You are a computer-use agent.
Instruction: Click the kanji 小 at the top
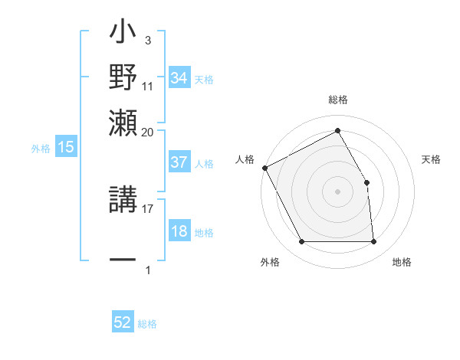[123, 34]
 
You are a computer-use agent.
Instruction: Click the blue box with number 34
[179, 78]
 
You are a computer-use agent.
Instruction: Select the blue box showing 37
[179, 162]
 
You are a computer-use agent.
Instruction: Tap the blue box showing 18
[179, 231]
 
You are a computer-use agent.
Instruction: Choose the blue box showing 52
[123, 322]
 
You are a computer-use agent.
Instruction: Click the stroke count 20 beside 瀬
[147, 132]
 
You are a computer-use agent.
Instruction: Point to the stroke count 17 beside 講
[147, 207]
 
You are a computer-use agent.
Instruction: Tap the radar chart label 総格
[337, 100]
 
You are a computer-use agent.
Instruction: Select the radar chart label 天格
[431, 159]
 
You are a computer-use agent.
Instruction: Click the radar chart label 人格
[245, 159]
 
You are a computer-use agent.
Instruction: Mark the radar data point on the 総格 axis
[337, 131]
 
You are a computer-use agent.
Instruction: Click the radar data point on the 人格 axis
[264, 168]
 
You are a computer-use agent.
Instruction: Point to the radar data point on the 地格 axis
[373, 242]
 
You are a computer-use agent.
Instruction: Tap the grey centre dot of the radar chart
[337, 191]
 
